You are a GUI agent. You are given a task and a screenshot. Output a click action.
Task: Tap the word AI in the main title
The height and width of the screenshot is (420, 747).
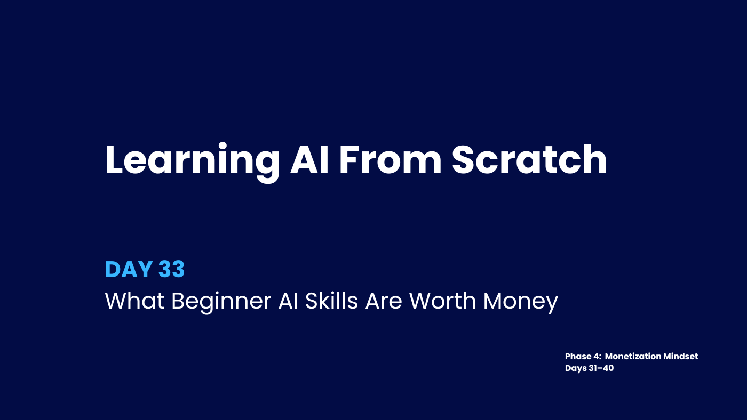click(309, 160)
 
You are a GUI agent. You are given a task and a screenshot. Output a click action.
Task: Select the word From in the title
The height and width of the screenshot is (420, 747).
click(390, 160)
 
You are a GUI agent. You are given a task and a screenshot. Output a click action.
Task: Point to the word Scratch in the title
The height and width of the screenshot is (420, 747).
click(529, 159)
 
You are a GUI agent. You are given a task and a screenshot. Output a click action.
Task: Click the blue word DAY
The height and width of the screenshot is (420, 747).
click(129, 269)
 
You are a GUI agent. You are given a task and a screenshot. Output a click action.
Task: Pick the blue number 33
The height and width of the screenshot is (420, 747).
click(171, 269)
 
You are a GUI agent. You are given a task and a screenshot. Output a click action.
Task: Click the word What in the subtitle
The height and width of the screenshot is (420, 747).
click(134, 301)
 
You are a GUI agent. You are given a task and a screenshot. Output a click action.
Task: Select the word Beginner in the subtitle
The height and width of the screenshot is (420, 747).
click(221, 302)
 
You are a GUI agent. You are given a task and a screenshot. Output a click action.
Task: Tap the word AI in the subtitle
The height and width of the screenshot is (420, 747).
click(288, 301)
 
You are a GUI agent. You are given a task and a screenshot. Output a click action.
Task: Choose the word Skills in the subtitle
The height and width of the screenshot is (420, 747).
click(331, 301)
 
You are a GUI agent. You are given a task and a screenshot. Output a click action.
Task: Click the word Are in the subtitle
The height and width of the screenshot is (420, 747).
click(384, 301)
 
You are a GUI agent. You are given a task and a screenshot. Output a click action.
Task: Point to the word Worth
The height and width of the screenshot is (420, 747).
click(442, 301)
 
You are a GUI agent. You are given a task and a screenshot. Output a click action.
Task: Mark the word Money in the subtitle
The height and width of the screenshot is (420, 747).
click(521, 302)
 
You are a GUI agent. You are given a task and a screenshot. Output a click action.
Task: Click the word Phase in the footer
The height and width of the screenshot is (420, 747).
click(578, 357)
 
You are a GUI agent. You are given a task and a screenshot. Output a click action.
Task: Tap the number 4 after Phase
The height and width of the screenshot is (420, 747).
click(597, 357)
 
